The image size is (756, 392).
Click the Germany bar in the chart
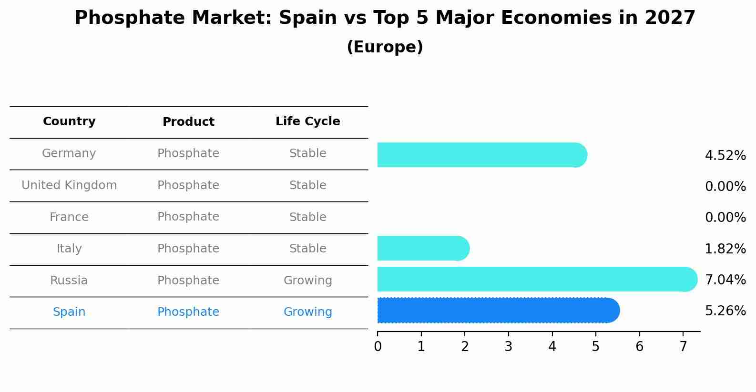coord(481,155)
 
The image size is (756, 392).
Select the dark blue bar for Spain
coord(498,311)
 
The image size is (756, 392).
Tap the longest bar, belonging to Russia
coord(537,279)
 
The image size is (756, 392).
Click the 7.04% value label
coord(725,280)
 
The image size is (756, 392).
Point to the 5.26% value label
coord(725,311)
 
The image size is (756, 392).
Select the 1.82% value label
coord(725,249)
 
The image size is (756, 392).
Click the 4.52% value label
coord(725,156)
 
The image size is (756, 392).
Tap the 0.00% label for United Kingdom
coord(725,187)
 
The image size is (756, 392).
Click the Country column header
coord(69,121)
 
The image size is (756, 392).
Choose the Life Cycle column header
coord(307,121)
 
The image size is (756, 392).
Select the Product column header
coord(188,122)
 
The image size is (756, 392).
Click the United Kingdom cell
coord(69,185)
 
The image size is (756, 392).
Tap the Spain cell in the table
coord(69,312)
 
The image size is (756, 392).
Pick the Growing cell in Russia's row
coord(307,281)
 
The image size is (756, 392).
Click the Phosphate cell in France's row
coord(188,217)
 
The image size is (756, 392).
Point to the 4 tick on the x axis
coord(552,347)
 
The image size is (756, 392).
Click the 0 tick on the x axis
coord(378,347)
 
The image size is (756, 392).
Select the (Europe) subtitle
coord(385,47)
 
